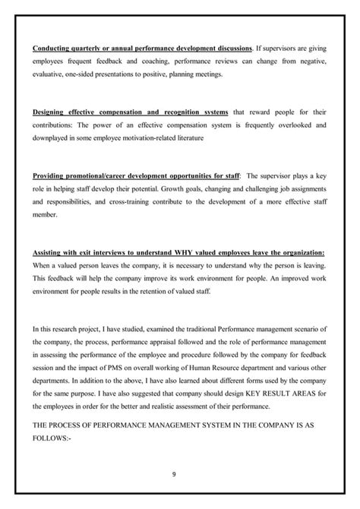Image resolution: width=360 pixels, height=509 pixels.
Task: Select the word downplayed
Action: [52, 139]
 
